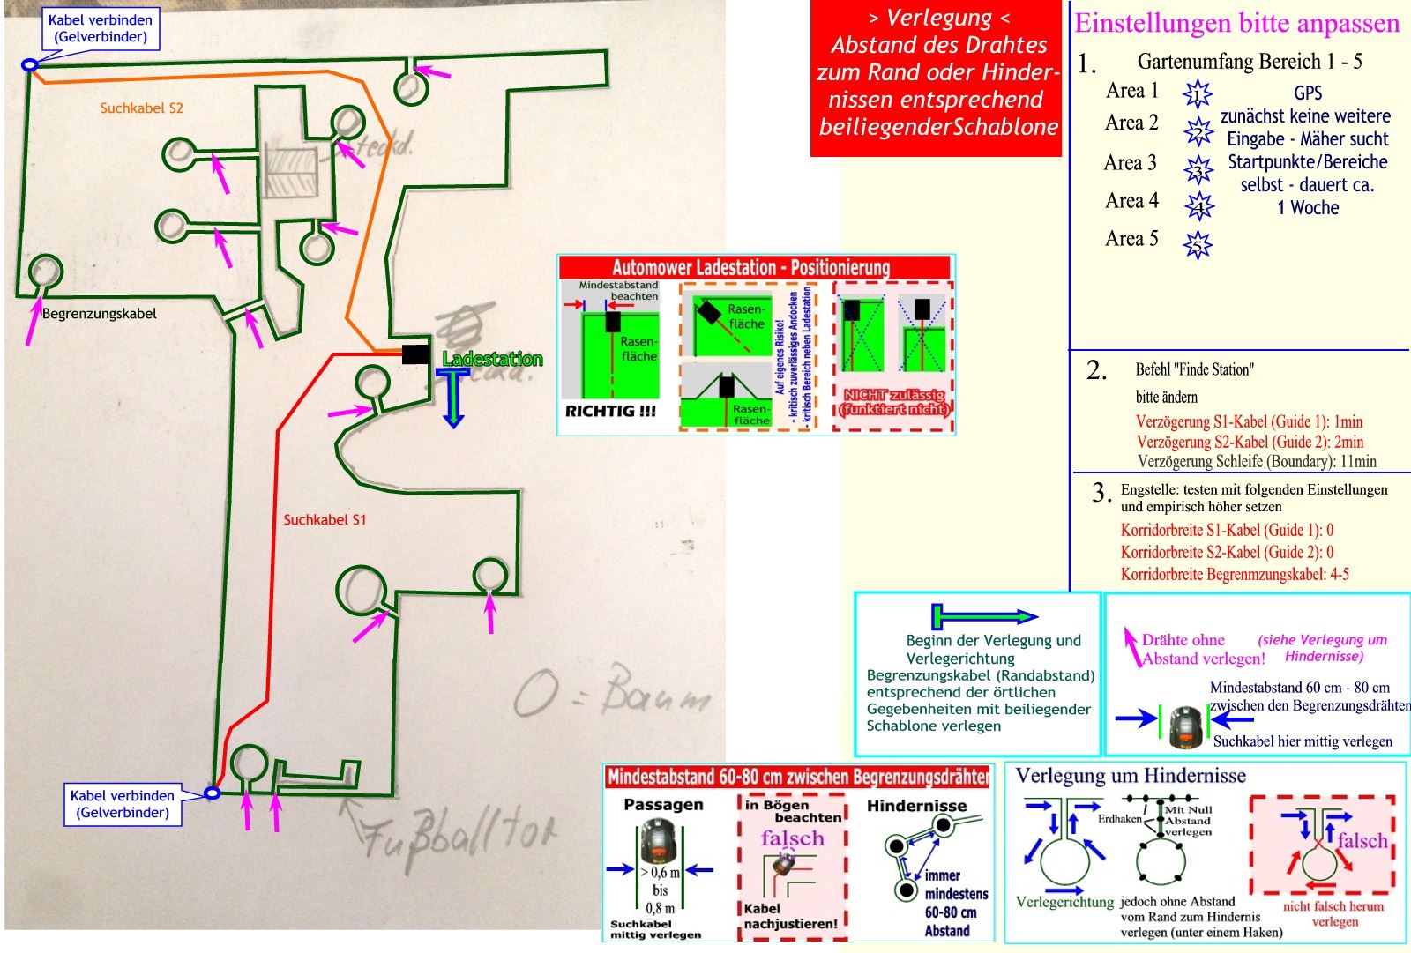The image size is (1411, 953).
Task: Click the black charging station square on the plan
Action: tap(415, 354)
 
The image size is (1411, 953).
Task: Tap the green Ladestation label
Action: tap(492, 359)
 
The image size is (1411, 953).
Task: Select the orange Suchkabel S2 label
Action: tap(141, 108)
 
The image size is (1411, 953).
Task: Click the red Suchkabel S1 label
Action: tap(325, 519)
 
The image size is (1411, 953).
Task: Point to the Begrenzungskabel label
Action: tap(99, 313)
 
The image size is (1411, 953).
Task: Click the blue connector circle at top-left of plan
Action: tap(29, 64)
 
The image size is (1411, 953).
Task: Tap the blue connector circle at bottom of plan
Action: tap(212, 793)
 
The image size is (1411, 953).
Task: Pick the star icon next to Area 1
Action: tap(1198, 93)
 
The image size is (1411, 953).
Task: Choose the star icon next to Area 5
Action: tap(1198, 244)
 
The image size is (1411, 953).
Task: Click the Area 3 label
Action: tap(1130, 163)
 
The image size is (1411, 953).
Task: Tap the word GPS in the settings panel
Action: tap(1308, 93)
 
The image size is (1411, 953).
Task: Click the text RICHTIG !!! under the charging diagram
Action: tap(610, 411)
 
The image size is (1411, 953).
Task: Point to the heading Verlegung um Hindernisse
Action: tap(1131, 776)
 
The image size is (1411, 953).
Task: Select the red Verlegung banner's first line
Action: tap(939, 19)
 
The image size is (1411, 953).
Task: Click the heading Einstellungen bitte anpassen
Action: tap(1236, 23)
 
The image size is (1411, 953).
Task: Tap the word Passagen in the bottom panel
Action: tap(663, 805)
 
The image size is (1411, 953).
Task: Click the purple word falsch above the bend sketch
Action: tap(792, 838)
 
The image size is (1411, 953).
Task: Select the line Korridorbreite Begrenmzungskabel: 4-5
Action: tap(1235, 575)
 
